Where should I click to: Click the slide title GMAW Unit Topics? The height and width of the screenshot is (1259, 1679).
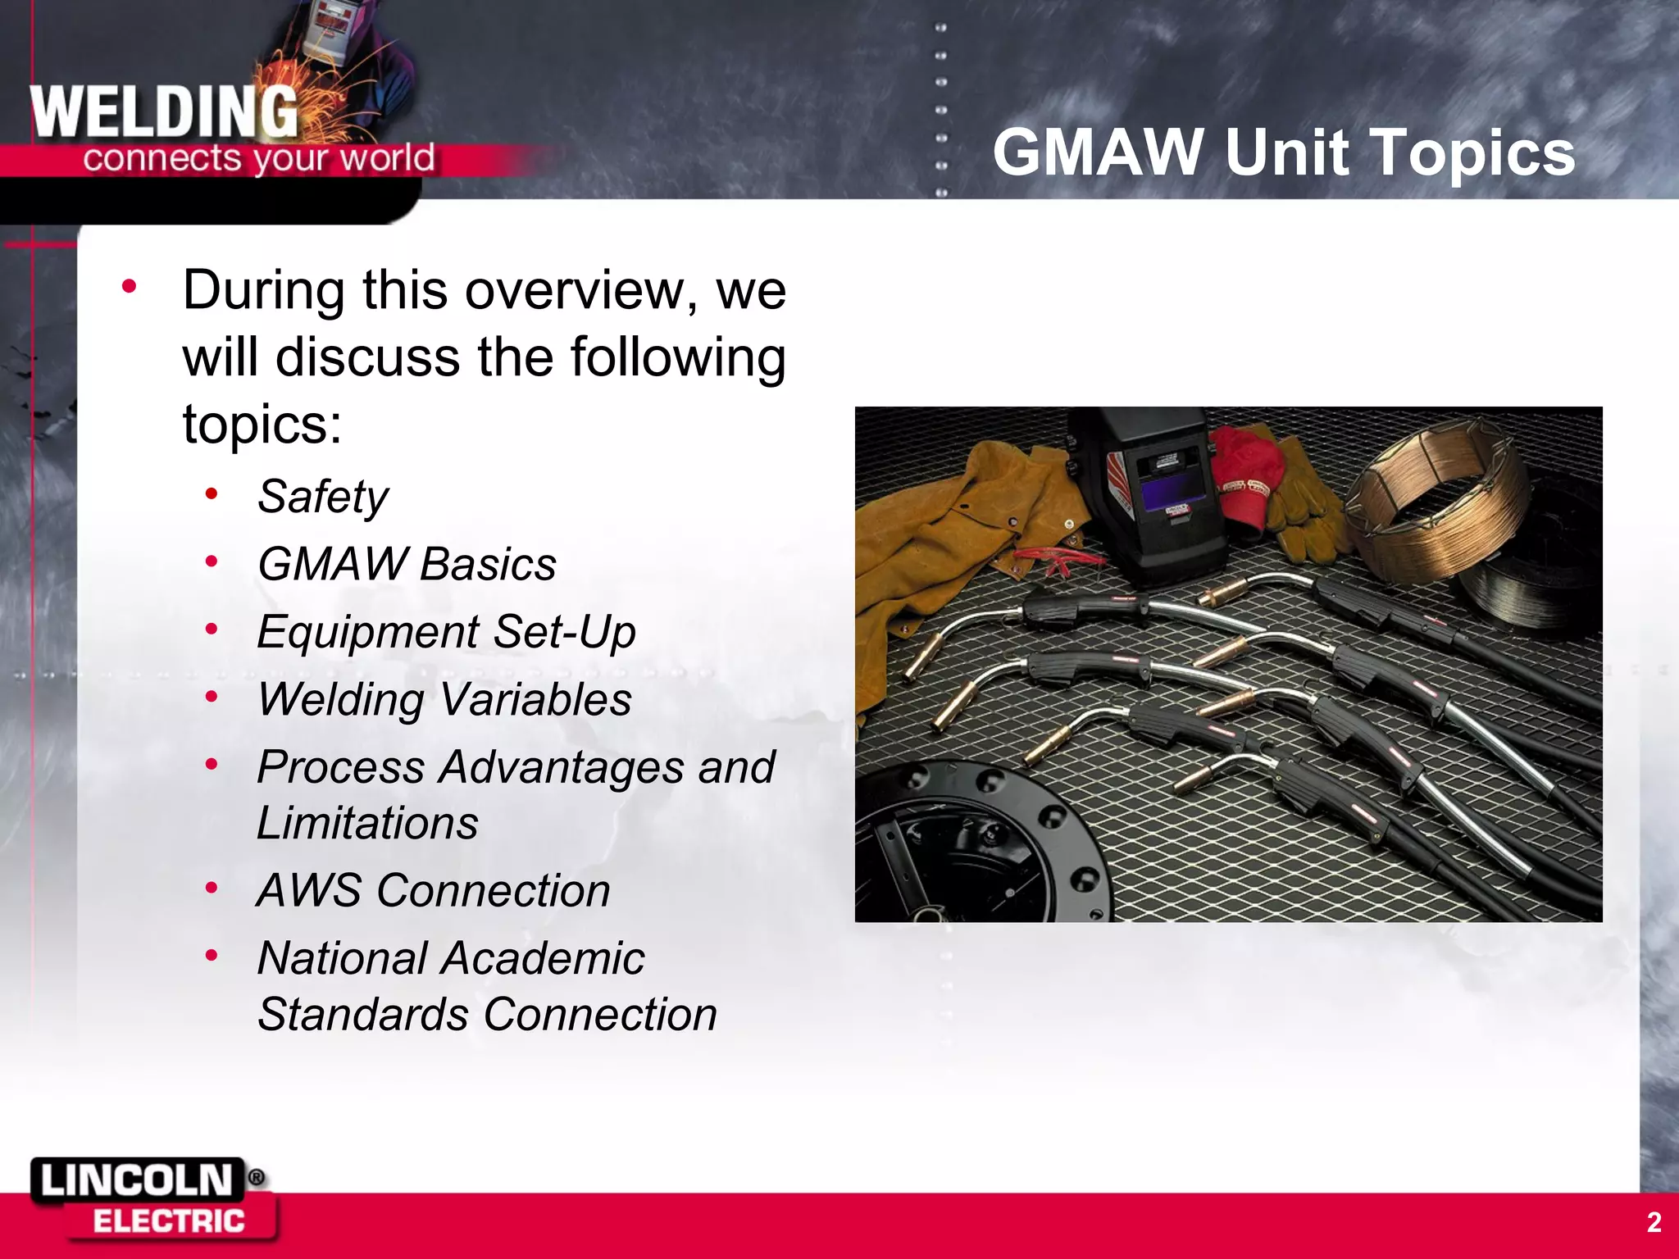pyautogui.click(x=1283, y=152)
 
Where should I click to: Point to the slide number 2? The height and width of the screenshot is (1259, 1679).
pyautogui.click(x=1654, y=1222)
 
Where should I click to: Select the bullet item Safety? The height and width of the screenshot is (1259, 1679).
pyautogui.click(x=322, y=497)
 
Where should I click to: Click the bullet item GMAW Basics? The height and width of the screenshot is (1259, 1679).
pyautogui.click(x=407, y=565)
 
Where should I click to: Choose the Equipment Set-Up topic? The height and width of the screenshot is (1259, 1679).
pyautogui.click(x=446, y=632)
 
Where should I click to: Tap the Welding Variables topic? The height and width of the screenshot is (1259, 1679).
pyautogui.click(x=444, y=700)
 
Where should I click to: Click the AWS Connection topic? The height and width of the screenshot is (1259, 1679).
pyautogui.click(x=433, y=891)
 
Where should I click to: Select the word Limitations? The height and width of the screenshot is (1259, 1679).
pyautogui.click(x=367, y=823)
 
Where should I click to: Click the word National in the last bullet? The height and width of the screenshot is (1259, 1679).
pyautogui.click(x=343, y=958)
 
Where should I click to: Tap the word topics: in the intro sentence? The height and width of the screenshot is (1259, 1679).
pyautogui.click(x=262, y=425)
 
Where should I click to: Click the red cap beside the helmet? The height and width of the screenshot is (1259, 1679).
pyautogui.click(x=1246, y=484)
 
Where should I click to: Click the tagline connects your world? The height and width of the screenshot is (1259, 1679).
pyautogui.click(x=258, y=158)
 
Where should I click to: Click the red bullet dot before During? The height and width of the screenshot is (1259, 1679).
pyautogui.click(x=129, y=287)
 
